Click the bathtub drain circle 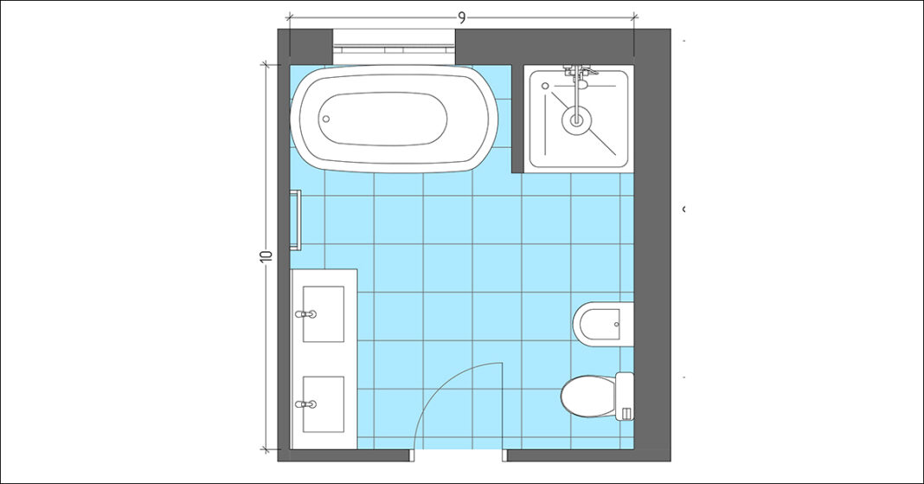(327, 120)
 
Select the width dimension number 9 (461, 16)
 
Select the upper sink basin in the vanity (324, 313)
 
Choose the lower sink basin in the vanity (324, 404)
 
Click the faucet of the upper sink (303, 314)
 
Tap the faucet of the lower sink (303, 404)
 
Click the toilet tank (626, 397)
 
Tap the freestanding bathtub (395, 120)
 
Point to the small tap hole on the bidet (616, 325)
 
